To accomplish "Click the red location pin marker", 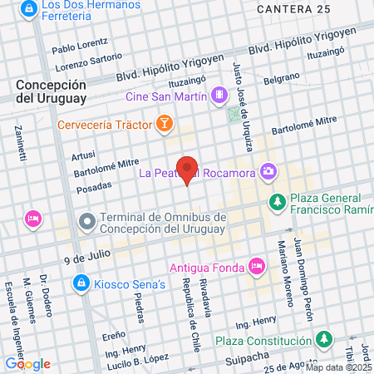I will tap(188, 170).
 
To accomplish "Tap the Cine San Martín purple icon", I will tap(219, 96).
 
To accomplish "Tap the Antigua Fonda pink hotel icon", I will tap(257, 267).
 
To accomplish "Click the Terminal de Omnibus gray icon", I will tap(86, 221).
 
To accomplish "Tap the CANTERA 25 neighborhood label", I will tap(293, 8).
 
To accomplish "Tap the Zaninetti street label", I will tap(20, 142).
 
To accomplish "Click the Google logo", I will tap(27, 363).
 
